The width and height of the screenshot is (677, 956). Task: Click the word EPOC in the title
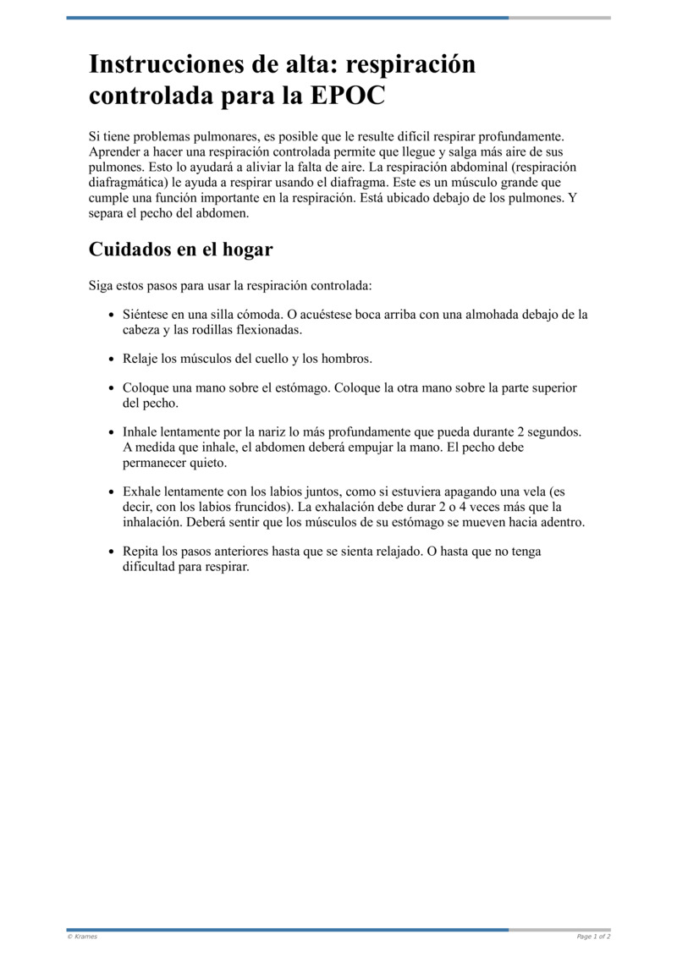pos(349,96)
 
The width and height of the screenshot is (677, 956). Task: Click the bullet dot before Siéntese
pos(112,315)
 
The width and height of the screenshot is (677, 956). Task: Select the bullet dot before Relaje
pos(112,359)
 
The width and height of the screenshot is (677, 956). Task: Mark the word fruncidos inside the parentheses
pos(261,507)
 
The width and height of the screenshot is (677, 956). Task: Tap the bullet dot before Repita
pos(112,551)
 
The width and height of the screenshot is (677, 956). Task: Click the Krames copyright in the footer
pos(82,937)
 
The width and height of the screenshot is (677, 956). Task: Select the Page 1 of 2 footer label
pos(593,937)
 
